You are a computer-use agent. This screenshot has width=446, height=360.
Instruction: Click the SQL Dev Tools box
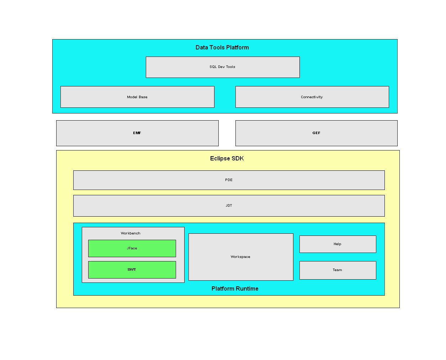[x=223, y=67]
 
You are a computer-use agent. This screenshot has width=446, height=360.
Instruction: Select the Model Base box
[x=137, y=97]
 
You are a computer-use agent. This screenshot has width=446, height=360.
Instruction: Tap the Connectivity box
[x=312, y=97]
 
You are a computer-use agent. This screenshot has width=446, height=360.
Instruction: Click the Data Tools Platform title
[x=222, y=47]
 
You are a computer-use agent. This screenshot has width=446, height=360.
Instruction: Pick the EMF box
[x=137, y=133]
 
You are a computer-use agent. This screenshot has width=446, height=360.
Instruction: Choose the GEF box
[x=317, y=133]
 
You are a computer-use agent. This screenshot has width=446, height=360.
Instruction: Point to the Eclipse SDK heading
[x=227, y=159]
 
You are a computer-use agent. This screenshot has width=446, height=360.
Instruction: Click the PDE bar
[x=229, y=180]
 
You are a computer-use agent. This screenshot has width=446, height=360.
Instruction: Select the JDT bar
[x=229, y=206]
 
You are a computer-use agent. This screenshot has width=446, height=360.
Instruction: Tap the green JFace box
[x=132, y=248]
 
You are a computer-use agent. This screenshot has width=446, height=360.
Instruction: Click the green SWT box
[x=132, y=270]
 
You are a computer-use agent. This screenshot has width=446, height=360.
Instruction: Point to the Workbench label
[x=131, y=233]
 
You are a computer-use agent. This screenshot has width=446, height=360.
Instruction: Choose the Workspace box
[x=241, y=257]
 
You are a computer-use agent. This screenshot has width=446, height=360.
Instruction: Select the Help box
[x=338, y=244]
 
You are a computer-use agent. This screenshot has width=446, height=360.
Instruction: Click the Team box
[x=338, y=270]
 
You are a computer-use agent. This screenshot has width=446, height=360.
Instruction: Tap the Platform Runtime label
[x=235, y=288]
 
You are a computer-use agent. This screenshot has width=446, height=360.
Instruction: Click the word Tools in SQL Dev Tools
[x=231, y=67]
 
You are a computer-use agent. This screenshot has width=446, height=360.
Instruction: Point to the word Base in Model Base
[x=143, y=97]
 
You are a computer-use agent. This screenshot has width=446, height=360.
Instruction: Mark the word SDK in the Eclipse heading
[x=238, y=158]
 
